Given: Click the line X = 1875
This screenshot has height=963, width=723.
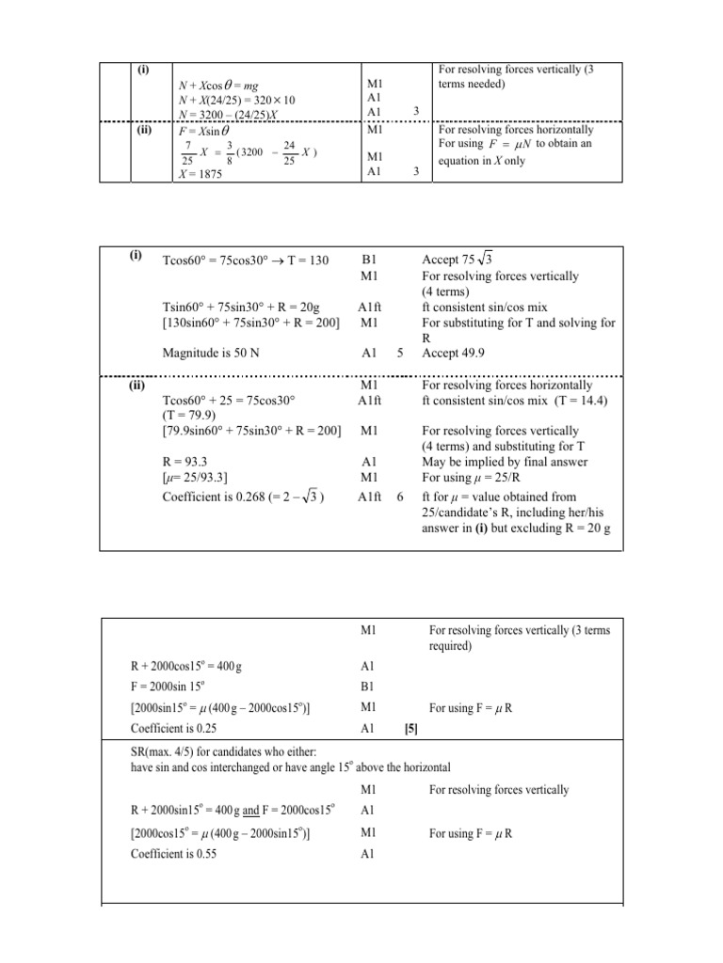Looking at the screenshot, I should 201,173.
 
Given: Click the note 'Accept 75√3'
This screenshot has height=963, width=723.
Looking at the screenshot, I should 463,260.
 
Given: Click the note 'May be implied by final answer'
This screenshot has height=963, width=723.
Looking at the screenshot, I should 505,462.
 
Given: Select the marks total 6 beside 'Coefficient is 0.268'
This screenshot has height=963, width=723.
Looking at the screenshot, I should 401,497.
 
